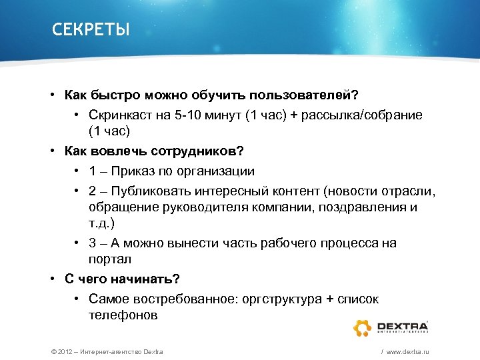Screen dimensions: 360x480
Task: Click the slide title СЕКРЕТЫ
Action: tap(91, 31)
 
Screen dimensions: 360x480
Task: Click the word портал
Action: tap(109, 258)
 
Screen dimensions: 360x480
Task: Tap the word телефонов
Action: tap(123, 315)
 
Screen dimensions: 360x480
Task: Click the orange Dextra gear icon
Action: tap(363, 327)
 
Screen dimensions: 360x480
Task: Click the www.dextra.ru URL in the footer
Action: tap(407, 351)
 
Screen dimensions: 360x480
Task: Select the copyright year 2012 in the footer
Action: tap(58, 351)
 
